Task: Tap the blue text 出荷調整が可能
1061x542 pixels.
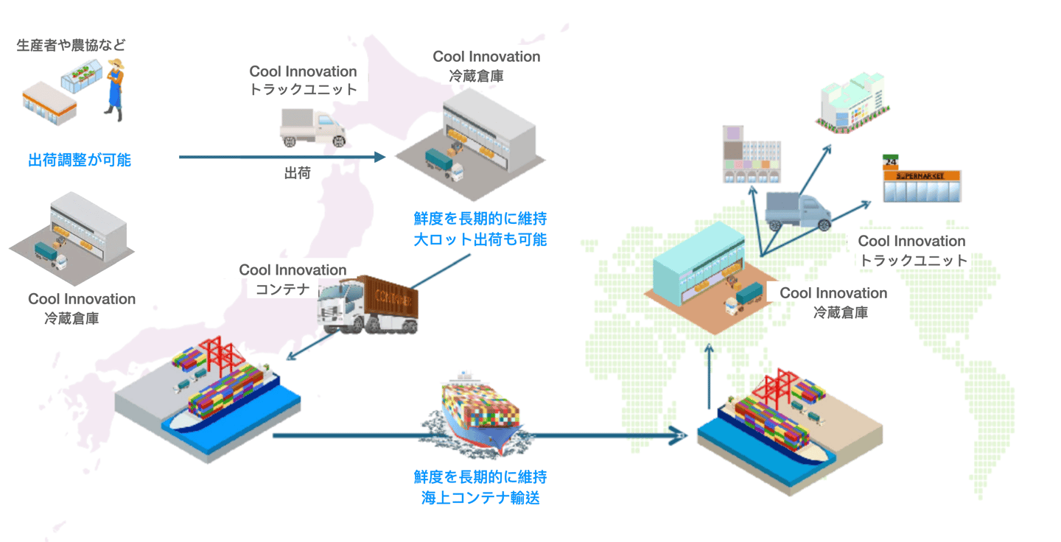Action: click(79, 160)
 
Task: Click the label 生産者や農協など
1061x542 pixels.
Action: click(71, 45)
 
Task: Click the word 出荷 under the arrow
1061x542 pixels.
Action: click(297, 173)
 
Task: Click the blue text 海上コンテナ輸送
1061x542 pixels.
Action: click(480, 498)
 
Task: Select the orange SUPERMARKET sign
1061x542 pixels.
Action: click(921, 175)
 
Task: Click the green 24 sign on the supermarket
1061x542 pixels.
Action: click(891, 162)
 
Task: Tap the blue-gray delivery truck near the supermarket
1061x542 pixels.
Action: click(798, 211)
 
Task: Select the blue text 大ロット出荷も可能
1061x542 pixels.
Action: click(480, 239)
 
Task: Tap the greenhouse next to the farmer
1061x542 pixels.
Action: click(82, 75)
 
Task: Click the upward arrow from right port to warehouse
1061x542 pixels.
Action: click(709, 376)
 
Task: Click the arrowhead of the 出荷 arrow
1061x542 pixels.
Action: click(380, 157)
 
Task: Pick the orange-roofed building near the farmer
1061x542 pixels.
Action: click(49, 104)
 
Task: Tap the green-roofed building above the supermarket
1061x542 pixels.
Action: click(852, 102)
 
